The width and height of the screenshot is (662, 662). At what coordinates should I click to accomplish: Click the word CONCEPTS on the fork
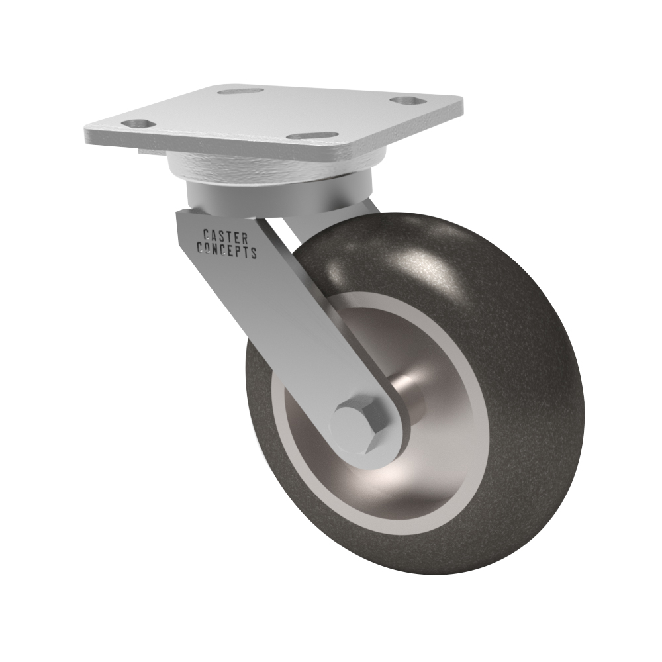click(227, 250)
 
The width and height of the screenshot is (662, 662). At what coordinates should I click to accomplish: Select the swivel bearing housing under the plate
click(270, 167)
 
